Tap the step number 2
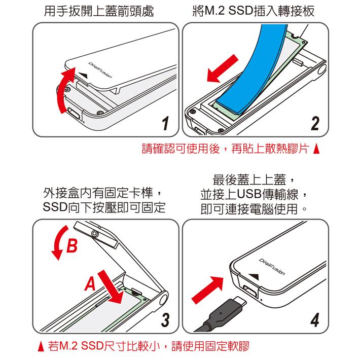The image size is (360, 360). click(x=315, y=124)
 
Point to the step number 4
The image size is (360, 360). click(x=315, y=320)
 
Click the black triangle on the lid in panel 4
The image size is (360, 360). click(x=256, y=276)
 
